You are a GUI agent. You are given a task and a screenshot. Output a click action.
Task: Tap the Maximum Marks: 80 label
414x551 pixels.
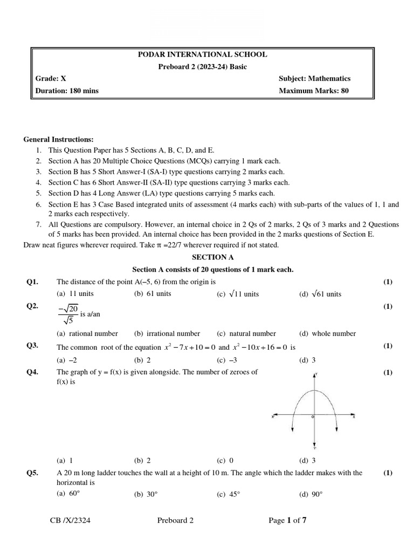[x=313, y=90]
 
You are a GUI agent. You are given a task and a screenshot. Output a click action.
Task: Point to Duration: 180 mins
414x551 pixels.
[x=67, y=90]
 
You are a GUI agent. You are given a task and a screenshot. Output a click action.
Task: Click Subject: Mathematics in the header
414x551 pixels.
[x=314, y=79]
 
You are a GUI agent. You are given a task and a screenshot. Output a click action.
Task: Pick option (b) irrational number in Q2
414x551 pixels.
[x=167, y=334]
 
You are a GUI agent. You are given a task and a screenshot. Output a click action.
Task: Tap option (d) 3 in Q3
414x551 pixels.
[x=307, y=360]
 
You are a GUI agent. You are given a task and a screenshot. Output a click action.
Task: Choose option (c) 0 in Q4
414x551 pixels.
[x=225, y=461]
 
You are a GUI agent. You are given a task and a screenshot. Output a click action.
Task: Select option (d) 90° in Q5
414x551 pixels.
[x=310, y=494]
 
